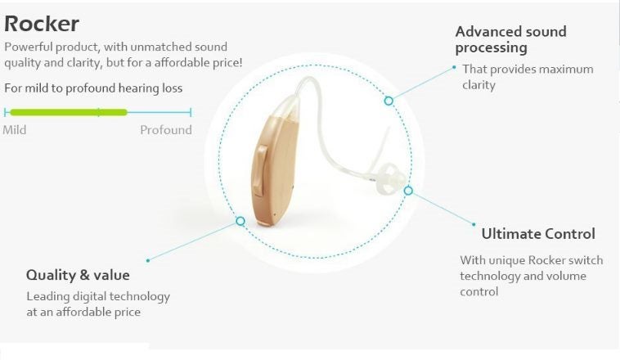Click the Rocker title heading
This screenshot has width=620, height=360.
tap(42, 23)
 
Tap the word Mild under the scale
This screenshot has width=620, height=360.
tap(15, 130)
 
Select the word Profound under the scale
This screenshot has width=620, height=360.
tap(165, 130)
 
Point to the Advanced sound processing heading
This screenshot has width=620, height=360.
tap(510, 39)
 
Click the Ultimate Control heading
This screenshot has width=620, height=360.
tap(537, 234)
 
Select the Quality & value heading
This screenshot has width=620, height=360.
tap(78, 275)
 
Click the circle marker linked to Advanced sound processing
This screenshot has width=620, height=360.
tap(389, 101)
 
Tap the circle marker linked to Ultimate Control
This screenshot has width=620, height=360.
tap(408, 191)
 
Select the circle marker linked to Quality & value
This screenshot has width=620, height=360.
tap(240, 221)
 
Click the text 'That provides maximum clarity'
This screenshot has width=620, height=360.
tap(527, 77)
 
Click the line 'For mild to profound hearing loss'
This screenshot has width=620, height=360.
tap(93, 88)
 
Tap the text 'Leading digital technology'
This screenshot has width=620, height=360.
tap(98, 296)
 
